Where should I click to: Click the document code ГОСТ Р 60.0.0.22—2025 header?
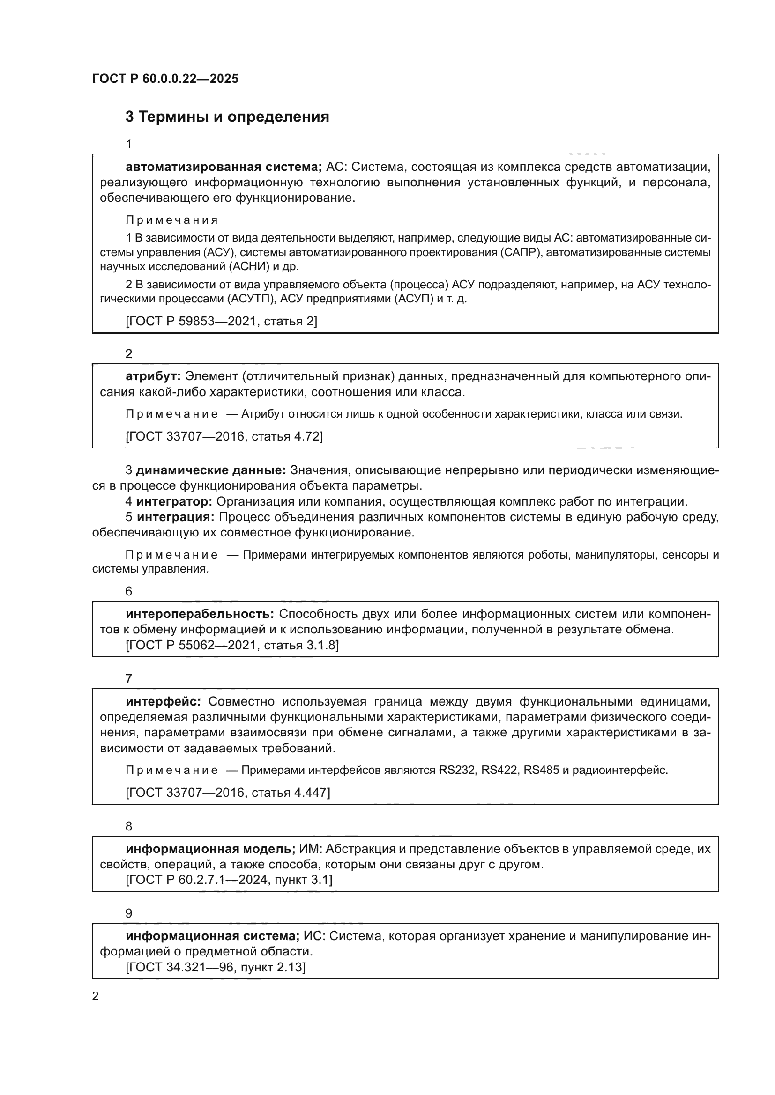165,79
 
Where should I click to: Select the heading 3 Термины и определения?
227,117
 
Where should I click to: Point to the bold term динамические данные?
211,470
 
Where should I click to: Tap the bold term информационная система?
212,936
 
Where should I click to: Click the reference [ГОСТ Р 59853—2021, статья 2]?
222,321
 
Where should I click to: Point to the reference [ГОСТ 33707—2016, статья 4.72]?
224,436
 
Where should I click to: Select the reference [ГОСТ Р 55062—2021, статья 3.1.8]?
232,645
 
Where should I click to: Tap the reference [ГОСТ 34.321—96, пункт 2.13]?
215,967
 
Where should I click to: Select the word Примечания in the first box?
172,220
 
